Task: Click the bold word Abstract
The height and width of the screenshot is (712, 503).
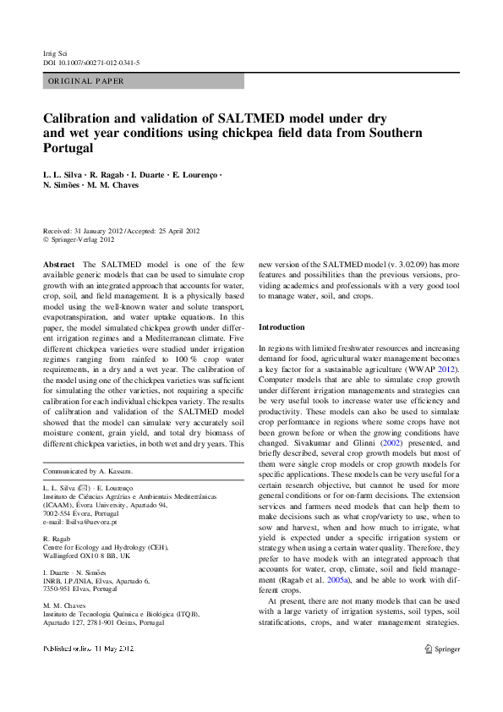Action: (58, 265)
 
